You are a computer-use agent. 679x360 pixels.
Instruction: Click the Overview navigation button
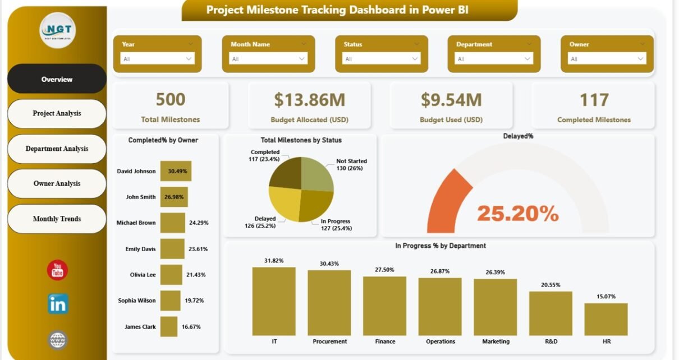pyautogui.click(x=57, y=79)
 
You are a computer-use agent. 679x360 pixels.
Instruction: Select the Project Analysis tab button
pyautogui.click(x=57, y=113)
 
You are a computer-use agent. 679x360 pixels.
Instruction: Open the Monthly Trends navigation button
pyautogui.click(x=57, y=219)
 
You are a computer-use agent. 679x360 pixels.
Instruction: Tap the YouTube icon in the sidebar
pyautogui.click(x=57, y=270)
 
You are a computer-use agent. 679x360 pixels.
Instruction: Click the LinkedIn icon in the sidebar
pyautogui.click(x=58, y=304)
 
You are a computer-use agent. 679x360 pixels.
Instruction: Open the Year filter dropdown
pyautogui.click(x=158, y=59)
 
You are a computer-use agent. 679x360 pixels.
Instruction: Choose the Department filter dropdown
pyautogui.click(x=494, y=59)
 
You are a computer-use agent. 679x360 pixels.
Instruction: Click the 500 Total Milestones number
pyautogui.click(x=171, y=100)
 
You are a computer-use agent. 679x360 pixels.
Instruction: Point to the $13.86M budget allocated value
pyautogui.click(x=309, y=100)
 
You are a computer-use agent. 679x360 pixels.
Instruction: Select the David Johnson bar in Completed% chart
pyautogui.click(x=176, y=171)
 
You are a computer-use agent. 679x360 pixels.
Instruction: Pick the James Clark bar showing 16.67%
pyautogui.click(x=169, y=326)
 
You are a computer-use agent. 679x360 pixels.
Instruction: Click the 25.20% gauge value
pyautogui.click(x=517, y=213)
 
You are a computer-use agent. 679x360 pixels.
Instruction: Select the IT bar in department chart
pyautogui.click(x=274, y=301)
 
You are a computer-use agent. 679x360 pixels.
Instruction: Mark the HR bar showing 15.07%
pyautogui.click(x=605, y=319)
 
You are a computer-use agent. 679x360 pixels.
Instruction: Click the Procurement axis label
pyautogui.click(x=329, y=341)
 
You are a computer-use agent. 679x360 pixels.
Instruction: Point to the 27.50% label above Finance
pyautogui.click(x=384, y=270)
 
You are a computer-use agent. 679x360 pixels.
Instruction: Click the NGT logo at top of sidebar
pyautogui.click(x=57, y=30)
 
